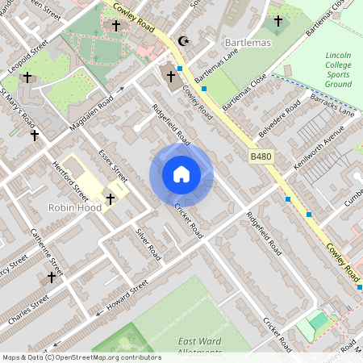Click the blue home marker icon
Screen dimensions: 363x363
[181, 174]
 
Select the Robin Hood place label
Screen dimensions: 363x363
[73, 207]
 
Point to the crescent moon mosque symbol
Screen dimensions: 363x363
[183, 40]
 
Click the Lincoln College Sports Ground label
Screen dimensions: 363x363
[339, 69]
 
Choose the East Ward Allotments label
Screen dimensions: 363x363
[200, 346]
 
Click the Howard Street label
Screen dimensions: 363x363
[123, 297]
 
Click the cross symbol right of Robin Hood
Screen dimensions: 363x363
[111, 198]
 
